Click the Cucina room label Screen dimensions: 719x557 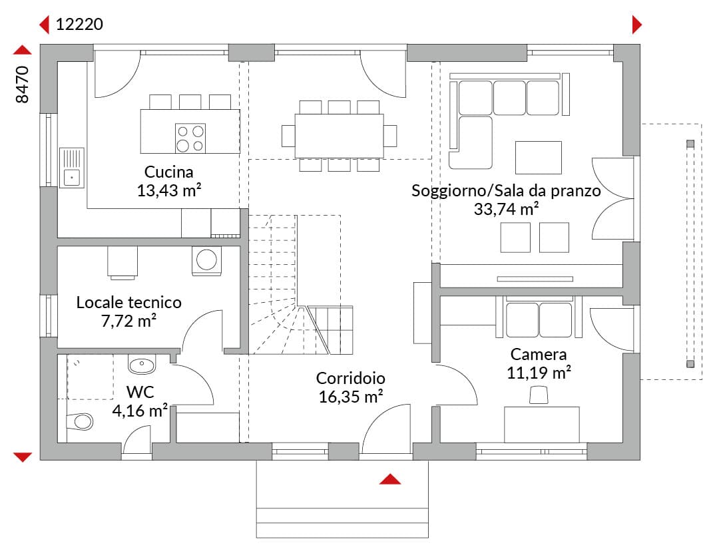point(168,172)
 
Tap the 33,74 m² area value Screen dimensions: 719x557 point(506,209)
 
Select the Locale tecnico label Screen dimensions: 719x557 point(129,303)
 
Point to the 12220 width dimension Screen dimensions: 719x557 point(79,25)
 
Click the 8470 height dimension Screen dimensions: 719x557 point(22,85)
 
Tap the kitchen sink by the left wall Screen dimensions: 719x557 point(71,168)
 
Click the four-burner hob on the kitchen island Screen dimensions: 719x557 point(190,138)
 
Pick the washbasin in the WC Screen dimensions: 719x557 point(142,365)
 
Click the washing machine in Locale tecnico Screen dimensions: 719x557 point(206,261)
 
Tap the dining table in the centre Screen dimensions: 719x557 point(340,136)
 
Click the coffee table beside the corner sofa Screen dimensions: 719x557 point(539,158)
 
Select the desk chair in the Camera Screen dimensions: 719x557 point(539,395)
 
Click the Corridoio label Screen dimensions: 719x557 point(351,378)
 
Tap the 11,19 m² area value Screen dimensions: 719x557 point(539,373)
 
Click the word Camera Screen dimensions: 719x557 point(539,355)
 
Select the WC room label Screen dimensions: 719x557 point(140,393)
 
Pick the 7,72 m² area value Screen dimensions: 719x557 point(129,321)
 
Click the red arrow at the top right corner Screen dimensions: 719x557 point(637,25)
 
